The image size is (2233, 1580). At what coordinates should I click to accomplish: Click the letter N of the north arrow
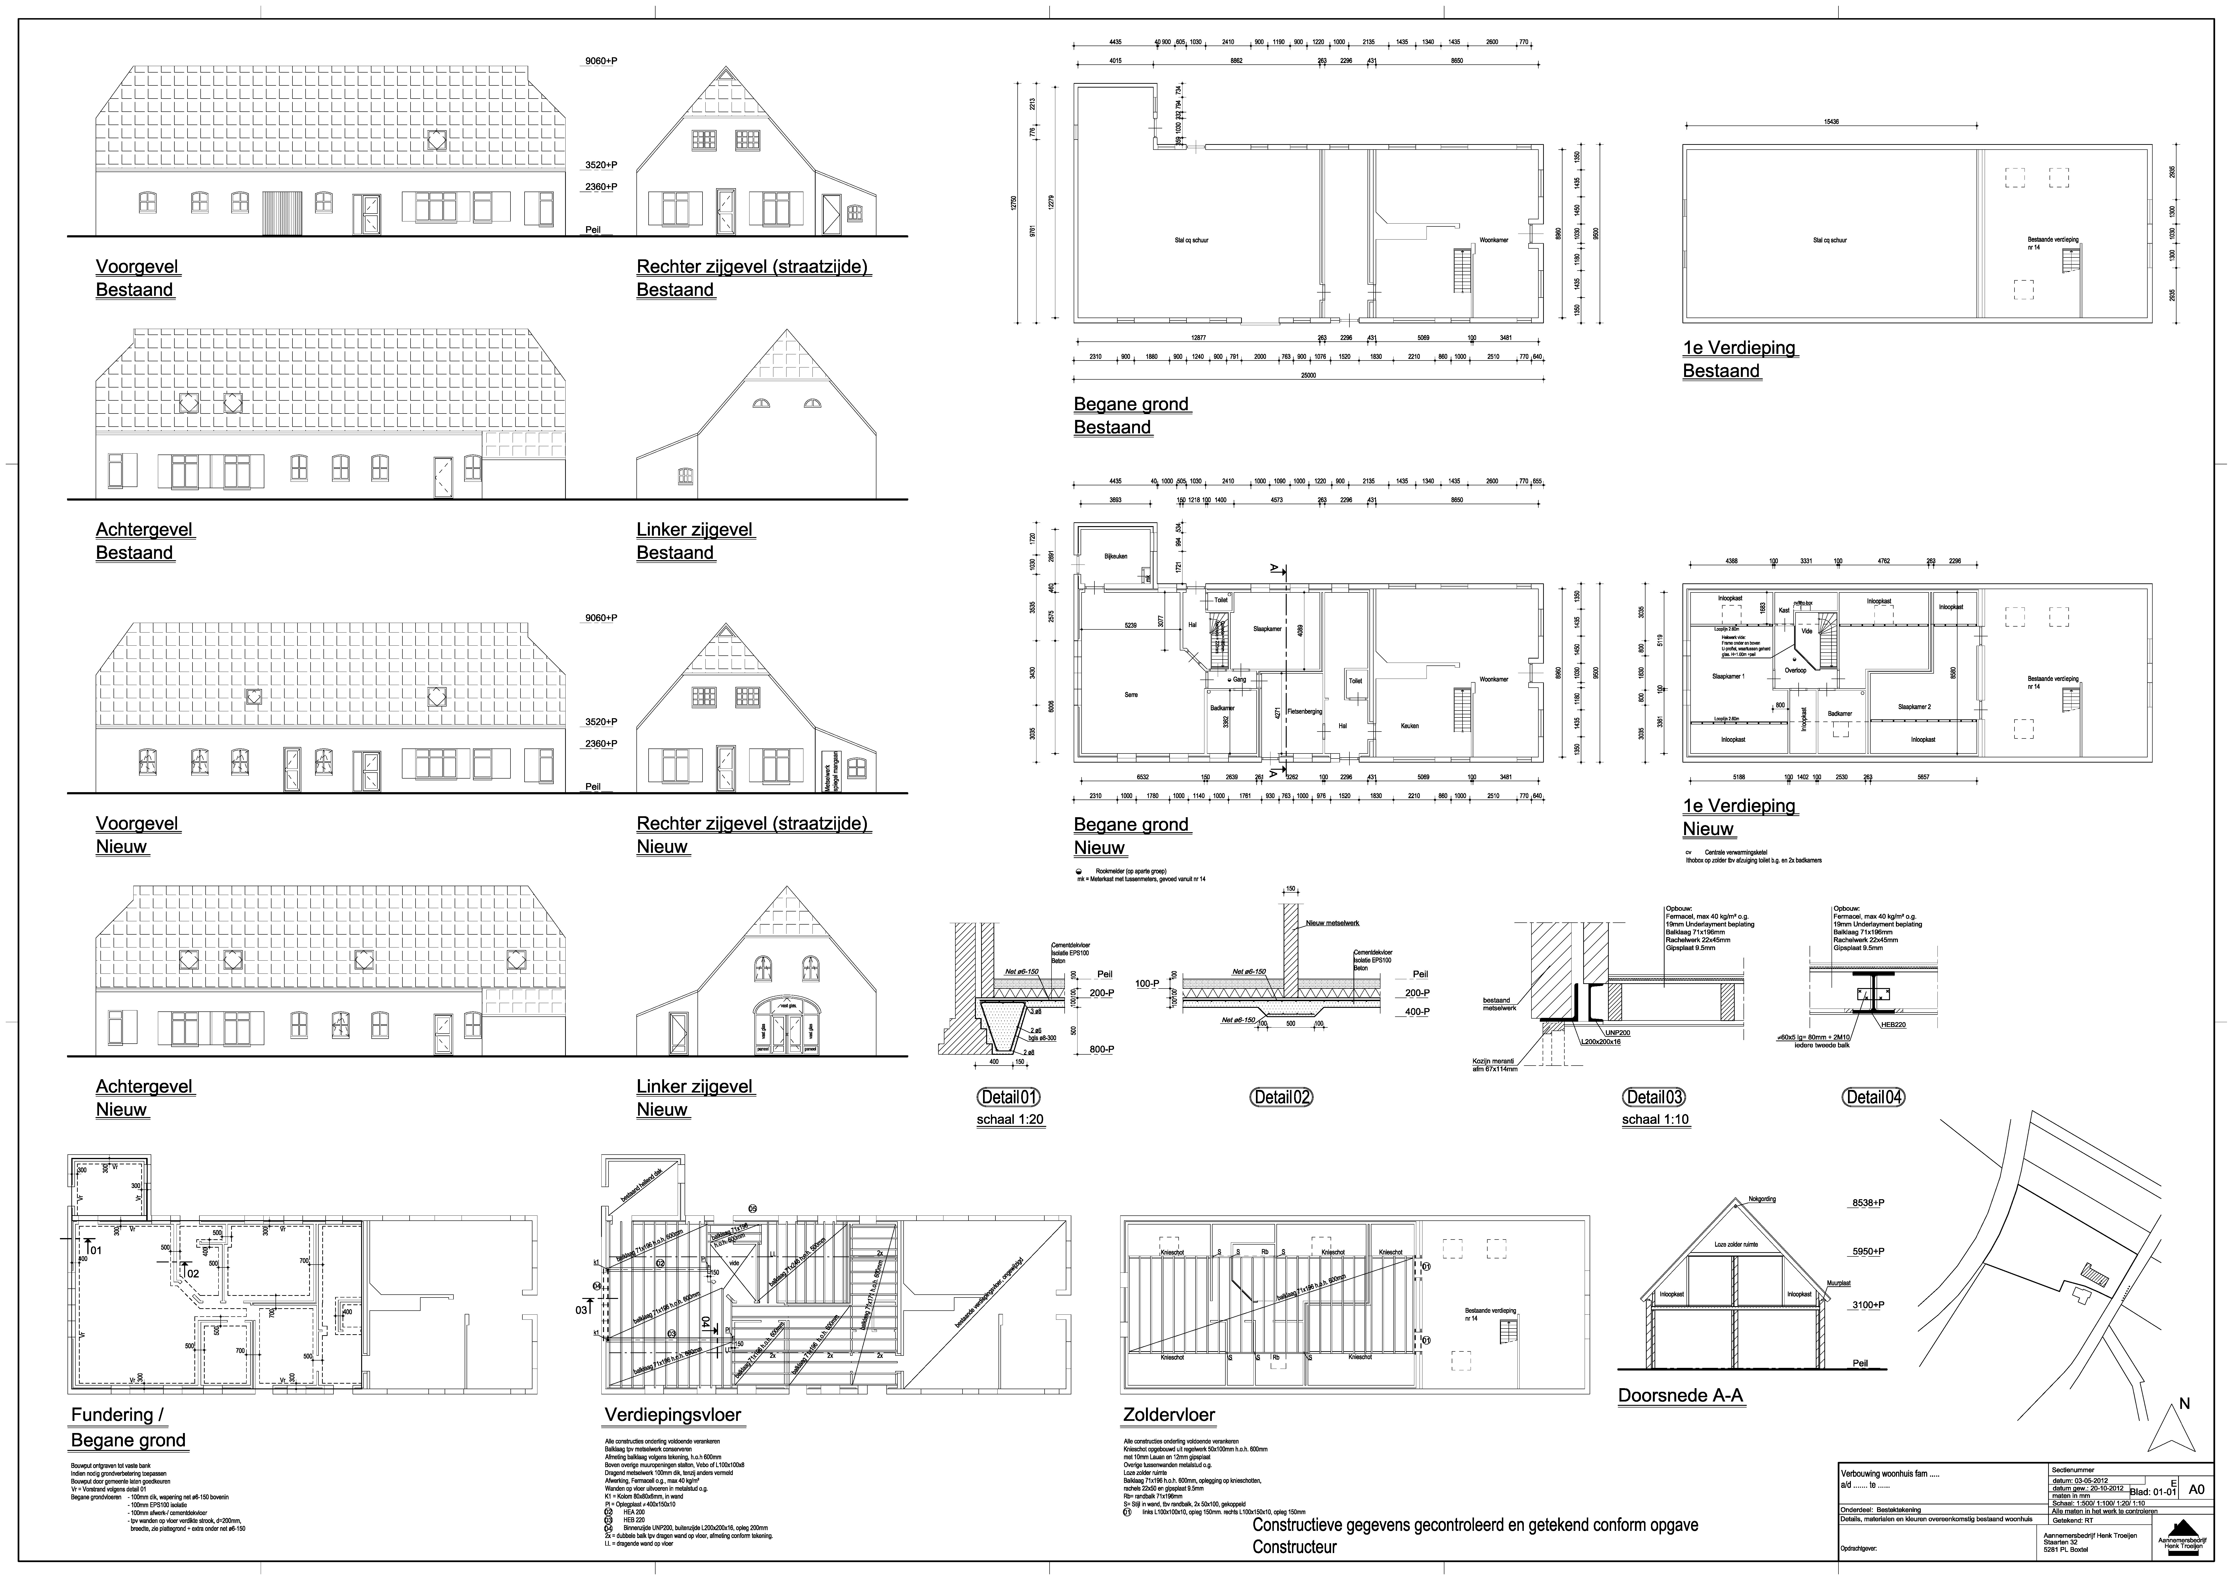2184,1404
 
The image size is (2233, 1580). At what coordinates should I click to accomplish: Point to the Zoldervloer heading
1168,1416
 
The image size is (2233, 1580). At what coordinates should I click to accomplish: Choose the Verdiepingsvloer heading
672,1416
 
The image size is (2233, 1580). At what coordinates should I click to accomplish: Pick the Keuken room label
1409,726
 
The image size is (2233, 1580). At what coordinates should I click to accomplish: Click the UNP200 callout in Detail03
1617,1032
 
